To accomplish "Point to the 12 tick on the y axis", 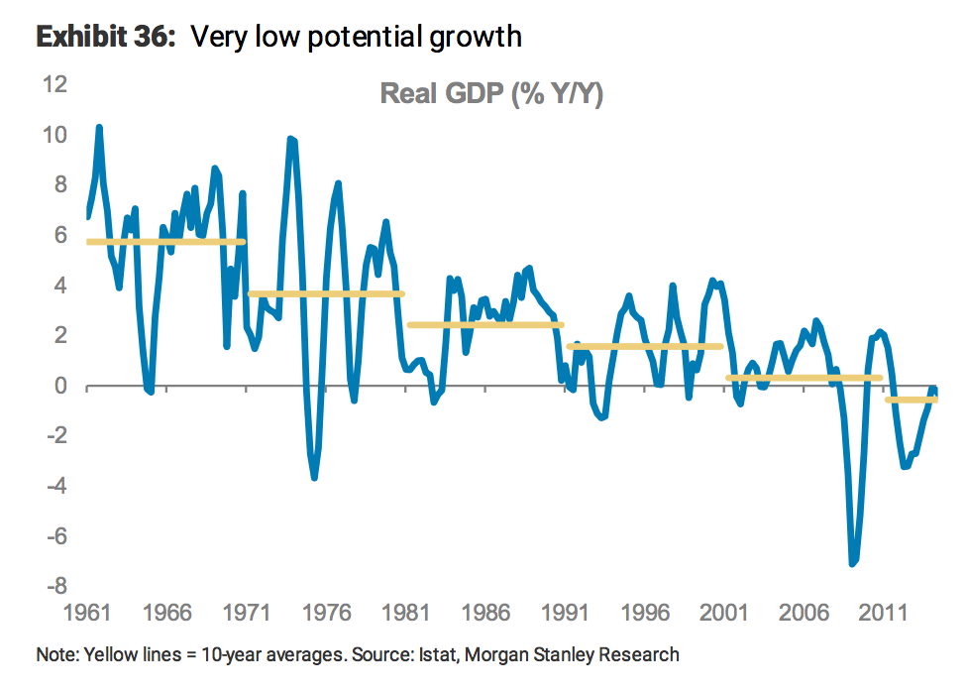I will click(54, 84).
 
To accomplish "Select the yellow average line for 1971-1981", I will click(325, 293).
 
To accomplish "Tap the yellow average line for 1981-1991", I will click(484, 324).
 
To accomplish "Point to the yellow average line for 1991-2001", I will click(644, 346).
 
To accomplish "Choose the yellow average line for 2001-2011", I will click(803, 378).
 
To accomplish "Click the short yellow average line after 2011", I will click(911, 400).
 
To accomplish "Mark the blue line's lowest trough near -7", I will click(851, 563).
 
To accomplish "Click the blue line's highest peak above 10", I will click(99, 128).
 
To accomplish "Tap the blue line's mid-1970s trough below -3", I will click(314, 477).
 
